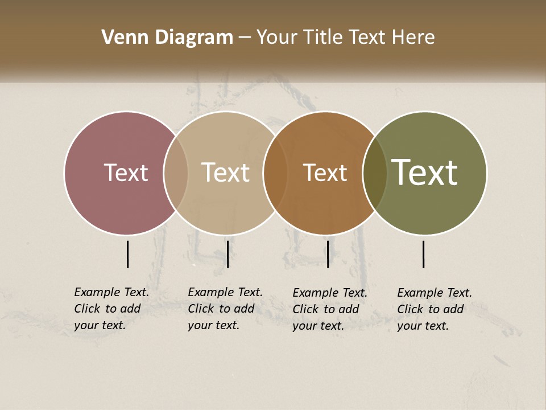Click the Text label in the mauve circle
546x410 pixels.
126,173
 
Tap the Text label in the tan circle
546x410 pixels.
226,173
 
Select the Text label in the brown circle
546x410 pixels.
325,173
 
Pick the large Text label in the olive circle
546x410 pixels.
425,173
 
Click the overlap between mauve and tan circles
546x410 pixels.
176,173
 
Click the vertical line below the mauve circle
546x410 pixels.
127,254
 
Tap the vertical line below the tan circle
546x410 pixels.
227,254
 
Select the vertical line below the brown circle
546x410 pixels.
328,254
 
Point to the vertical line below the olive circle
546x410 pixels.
424,254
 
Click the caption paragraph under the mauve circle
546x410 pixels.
111,309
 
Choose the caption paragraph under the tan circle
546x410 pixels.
225,309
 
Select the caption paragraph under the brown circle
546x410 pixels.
329,309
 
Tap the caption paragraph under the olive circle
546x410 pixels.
434,309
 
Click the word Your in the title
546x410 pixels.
277,38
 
